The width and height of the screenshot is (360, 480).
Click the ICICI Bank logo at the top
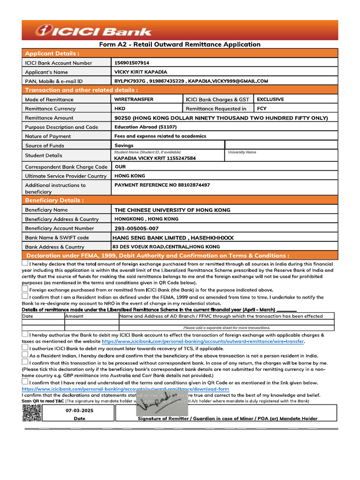click(94, 31)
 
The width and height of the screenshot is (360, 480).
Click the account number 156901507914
click(132, 62)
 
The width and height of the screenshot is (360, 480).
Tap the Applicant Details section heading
click(52, 53)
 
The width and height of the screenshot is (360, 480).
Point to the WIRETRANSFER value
click(134, 99)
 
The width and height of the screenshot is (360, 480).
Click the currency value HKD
click(120, 108)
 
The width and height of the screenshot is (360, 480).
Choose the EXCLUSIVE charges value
click(270, 99)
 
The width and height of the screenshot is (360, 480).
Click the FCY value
click(262, 108)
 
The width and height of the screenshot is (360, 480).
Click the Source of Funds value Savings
click(124, 145)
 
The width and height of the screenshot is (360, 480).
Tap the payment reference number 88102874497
click(162, 185)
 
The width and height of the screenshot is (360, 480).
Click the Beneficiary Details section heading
click(54, 201)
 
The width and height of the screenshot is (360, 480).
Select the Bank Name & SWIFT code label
click(57, 238)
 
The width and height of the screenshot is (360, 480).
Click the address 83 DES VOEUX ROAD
click(166, 247)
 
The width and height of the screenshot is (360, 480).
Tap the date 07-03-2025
click(79, 410)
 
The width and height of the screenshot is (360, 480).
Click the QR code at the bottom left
click(31, 413)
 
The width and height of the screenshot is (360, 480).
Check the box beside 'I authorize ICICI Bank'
click(25, 348)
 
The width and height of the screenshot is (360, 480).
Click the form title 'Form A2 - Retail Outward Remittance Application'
click(180, 45)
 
